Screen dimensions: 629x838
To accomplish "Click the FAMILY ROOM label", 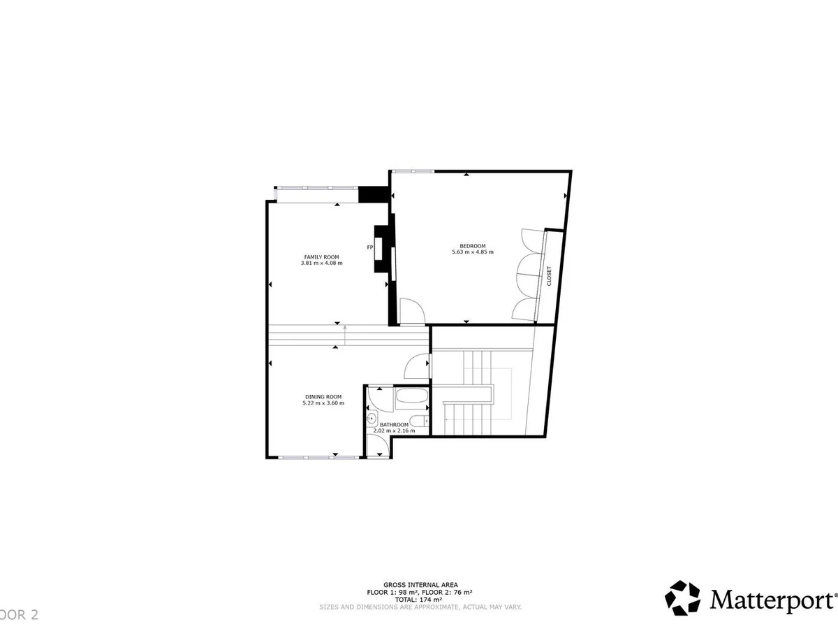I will pyautogui.click(x=321, y=256).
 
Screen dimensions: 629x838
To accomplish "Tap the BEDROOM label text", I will pyautogui.click(x=473, y=245).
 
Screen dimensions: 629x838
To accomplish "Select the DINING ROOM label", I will pyautogui.click(x=323, y=396).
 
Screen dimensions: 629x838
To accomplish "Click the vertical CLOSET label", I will pyautogui.click(x=549, y=275).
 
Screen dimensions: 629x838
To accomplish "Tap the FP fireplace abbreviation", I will pyautogui.click(x=370, y=247).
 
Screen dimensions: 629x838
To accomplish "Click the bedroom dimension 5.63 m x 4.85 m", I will pyautogui.click(x=473, y=252).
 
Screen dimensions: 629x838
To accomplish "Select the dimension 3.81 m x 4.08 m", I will pyautogui.click(x=321, y=263).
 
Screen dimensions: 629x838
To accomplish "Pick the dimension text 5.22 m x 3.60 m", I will pyautogui.click(x=323, y=403).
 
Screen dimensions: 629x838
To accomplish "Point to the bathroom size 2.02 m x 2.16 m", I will pyautogui.click(x=394, y=431).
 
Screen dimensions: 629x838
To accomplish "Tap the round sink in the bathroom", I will pyautogui.click(x=372, y=419).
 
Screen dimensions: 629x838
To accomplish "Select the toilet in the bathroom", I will pyautogui.click(x=418, y=420).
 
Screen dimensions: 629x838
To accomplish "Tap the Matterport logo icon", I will pyautogui.click(x=682, y=598).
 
